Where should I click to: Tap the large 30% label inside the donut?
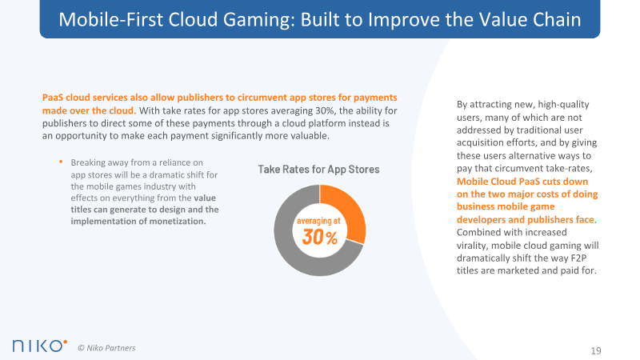tap(319, 237)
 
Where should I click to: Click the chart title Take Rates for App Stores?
tap(318, 170)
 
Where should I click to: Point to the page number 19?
tap(596, 350)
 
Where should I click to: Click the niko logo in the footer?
tap(39, 346)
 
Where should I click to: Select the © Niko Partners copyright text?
tap(106, 348)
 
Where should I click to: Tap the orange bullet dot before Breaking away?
tap(61, 162)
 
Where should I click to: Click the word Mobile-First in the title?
tap(111, 19)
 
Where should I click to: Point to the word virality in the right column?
tap(472, 246)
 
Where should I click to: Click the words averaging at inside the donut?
tap(318, 222)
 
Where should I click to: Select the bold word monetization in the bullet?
tap(178, 222)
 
